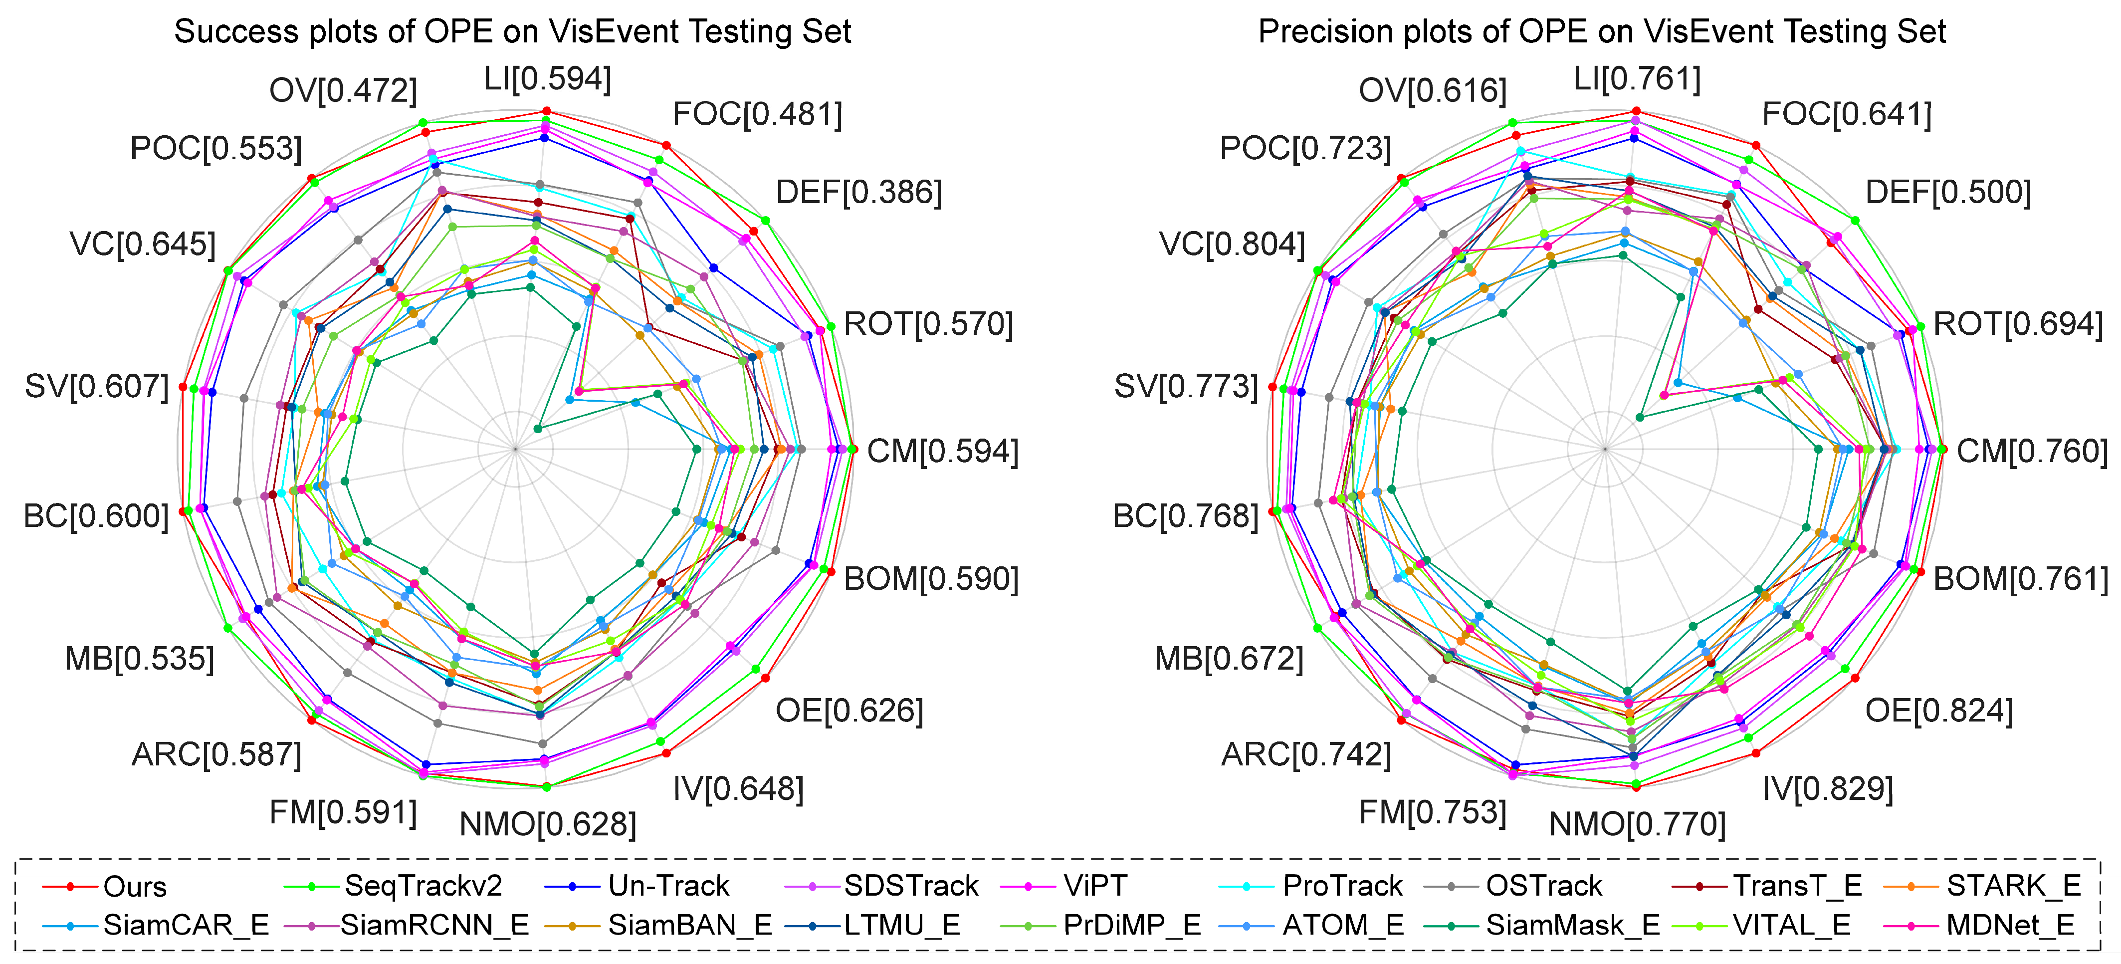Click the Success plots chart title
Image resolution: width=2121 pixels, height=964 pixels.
[512, 31]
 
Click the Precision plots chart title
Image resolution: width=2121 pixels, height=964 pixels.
[1601, 31]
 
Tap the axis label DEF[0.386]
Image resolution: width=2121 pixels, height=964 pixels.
[859, 193]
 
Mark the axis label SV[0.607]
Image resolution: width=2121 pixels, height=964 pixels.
[96, 386]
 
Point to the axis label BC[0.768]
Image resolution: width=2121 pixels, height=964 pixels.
[1186, 516]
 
